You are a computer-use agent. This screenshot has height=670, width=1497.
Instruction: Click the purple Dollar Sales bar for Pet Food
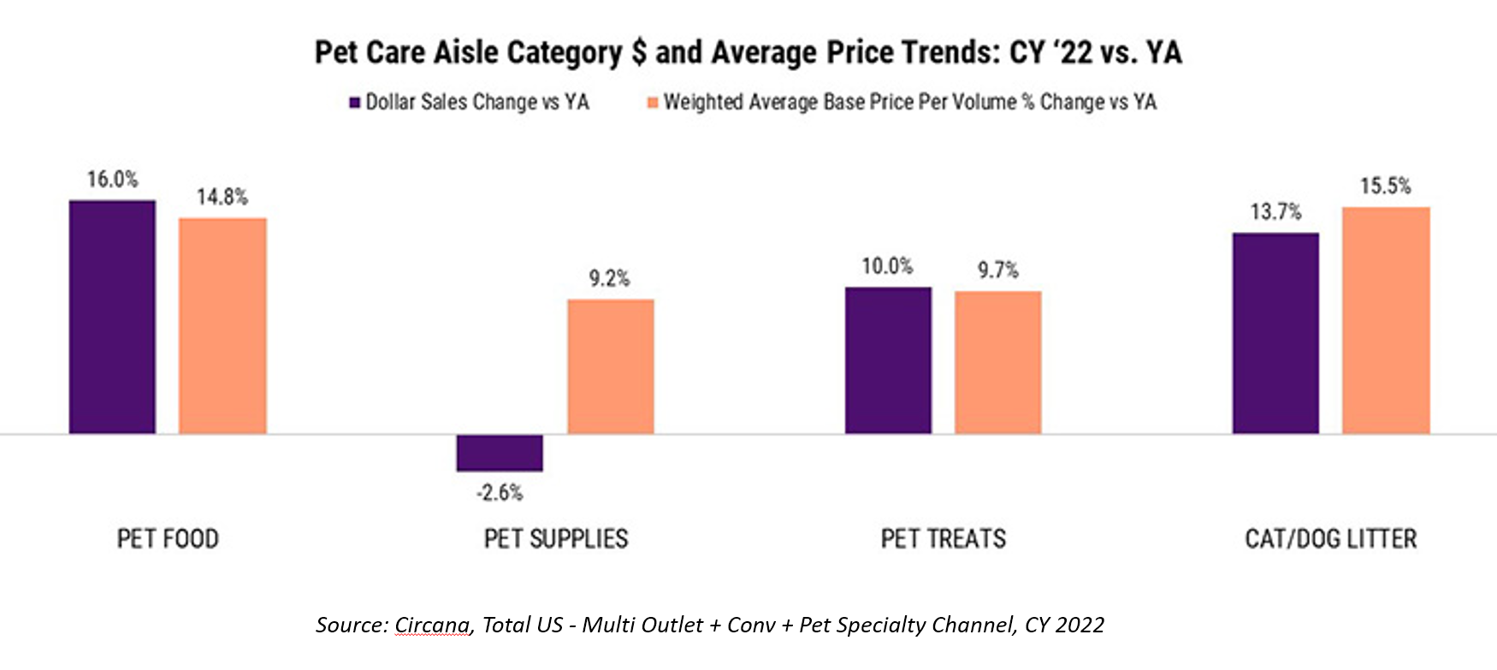[112, 317]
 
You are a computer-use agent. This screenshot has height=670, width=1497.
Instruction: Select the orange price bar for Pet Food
[222, 325]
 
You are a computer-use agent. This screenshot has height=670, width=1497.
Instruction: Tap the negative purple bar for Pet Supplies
[500, 453]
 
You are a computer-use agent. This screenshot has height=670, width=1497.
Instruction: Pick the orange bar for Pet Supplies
[610, 366]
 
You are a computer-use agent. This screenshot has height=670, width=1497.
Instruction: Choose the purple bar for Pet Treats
[888, 360]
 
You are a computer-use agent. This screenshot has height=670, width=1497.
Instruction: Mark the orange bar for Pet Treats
[997, 362]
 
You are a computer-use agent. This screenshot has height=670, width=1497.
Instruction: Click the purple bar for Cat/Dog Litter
[1275, 333]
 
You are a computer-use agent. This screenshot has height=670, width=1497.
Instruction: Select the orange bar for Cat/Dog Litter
[1386, 320]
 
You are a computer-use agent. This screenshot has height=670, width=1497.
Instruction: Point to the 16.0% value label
[112, 180]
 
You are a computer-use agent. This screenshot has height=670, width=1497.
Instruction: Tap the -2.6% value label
[500, 493]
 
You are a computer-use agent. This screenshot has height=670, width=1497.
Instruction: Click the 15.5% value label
[1386, 187]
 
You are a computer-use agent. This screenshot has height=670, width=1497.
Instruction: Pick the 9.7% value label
[998, 270]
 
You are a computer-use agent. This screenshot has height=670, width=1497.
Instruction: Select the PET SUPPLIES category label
[556, 539]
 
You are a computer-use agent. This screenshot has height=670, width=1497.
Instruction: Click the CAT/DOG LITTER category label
[1331, 539]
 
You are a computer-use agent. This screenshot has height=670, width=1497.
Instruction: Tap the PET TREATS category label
[944, 539]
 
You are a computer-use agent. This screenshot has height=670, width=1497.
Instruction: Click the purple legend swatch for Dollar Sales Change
[354, 103]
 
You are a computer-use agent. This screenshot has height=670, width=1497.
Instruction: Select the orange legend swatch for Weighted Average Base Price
[653, 103]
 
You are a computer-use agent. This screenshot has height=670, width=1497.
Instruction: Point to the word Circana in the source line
[432, 626]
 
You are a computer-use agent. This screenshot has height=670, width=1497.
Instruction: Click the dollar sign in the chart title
[638, 53]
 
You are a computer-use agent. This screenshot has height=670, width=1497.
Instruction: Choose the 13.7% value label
[1275, 212]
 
